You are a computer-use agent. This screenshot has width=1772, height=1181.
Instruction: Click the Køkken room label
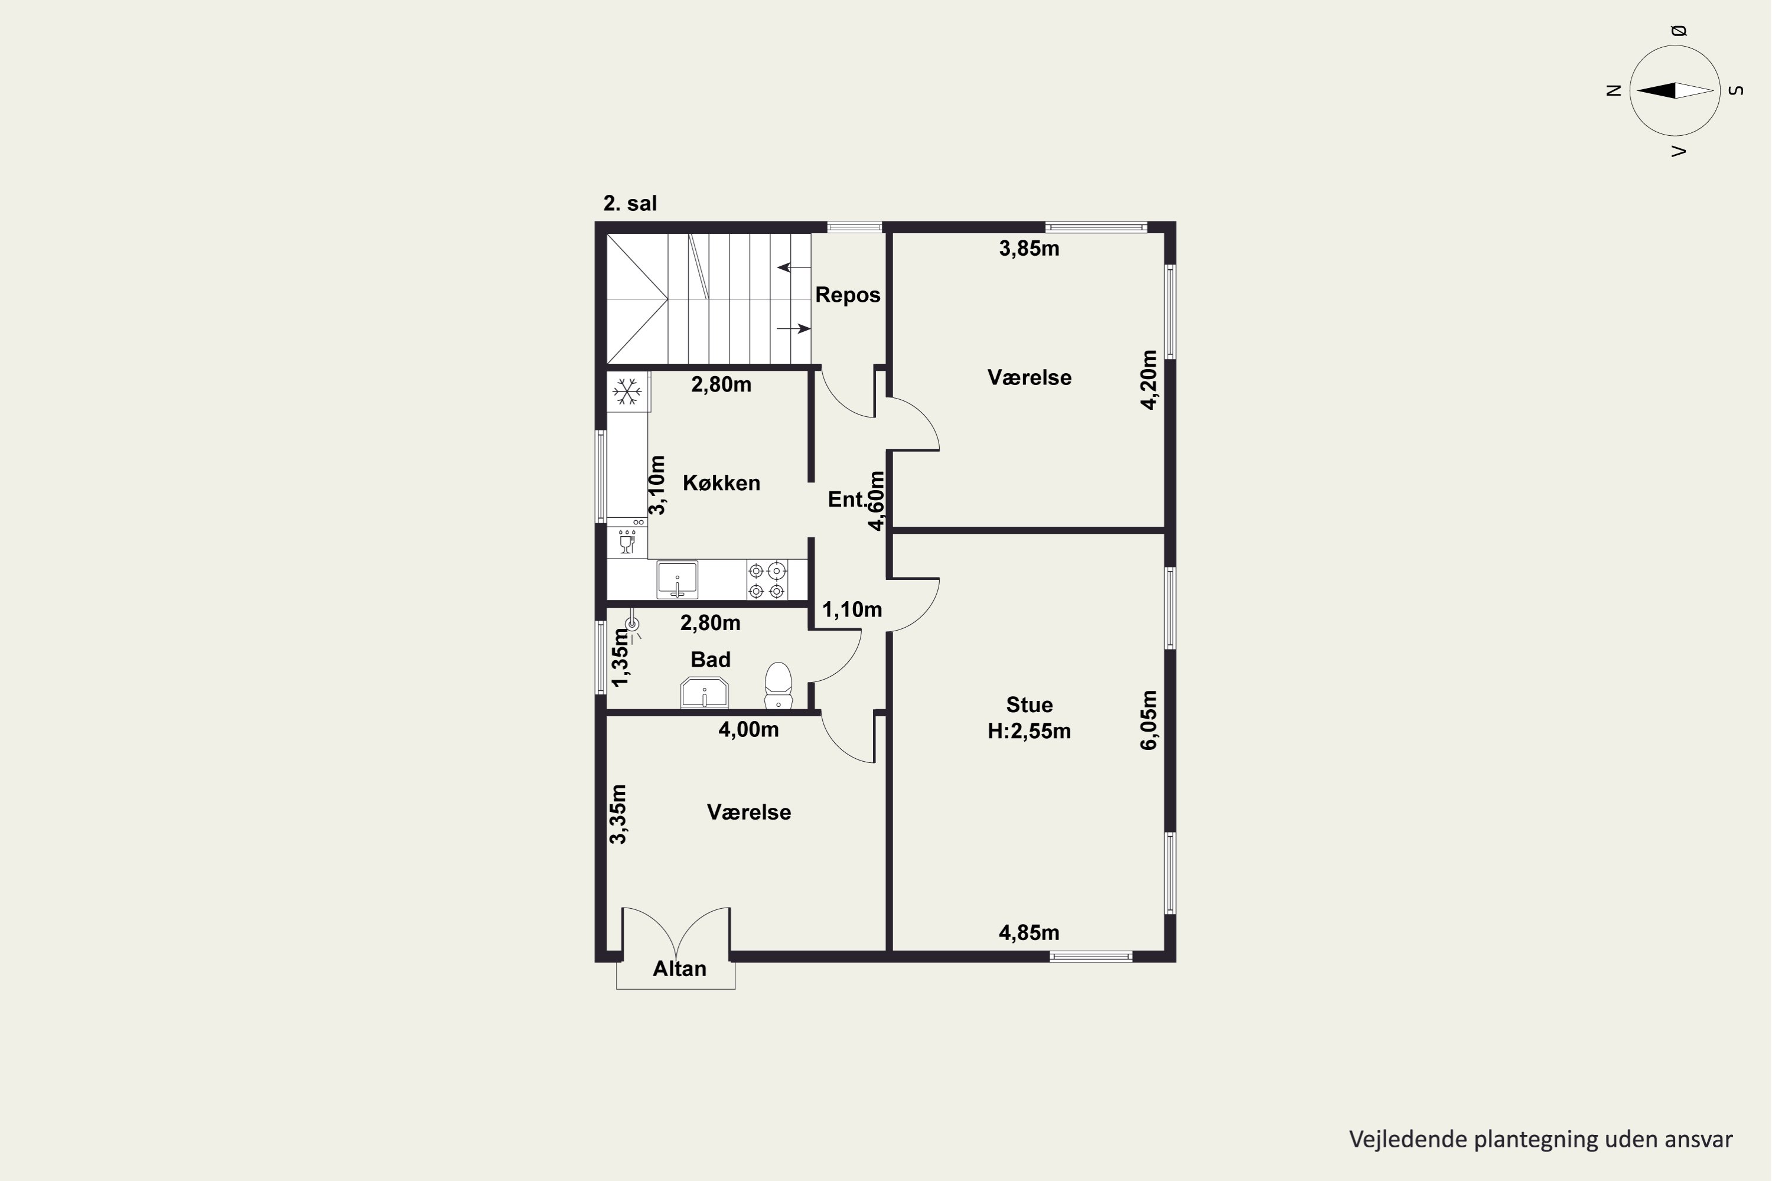pyautogui.click(x=721, y=483)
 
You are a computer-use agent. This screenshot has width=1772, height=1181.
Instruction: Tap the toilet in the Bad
pyautogui.click(x=778, y=686)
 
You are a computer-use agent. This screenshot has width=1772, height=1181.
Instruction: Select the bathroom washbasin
pyautogui.click(x=705, y=692)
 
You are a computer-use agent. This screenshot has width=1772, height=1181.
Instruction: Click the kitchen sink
pyautogui.click(x=677, y=580)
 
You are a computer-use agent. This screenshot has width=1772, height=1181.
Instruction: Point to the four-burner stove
pyautogui.click(x=767, y=580)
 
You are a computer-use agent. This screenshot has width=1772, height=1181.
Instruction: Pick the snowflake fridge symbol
pyautogui.click(x=627, y=391)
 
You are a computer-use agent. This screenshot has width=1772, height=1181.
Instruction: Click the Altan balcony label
pyautogui.click(x=680, y=968)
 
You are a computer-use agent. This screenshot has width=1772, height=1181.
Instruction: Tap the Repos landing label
pyautogui.click(x=848, y=295)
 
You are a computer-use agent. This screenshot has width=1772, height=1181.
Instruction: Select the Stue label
pyautogui.click(x=1029, y=705)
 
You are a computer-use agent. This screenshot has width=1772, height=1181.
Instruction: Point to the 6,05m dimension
pyautogui.click(x=1148, y=720)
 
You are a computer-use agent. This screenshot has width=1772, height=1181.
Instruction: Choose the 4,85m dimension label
pyautogui.click(x=1029, y=933)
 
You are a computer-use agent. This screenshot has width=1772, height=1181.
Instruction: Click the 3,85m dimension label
pyautogui.click(x=1029, y=249)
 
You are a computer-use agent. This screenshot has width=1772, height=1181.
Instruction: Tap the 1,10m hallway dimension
pyautogui.click(x=852, y=610)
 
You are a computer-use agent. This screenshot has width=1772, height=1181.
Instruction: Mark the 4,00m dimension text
pyautogui.click(x=748, y=730)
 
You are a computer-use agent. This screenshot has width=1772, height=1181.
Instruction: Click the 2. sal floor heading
pyautogui.click(x=630, y=203)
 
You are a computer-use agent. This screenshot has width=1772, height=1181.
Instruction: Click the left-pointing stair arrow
pyautogui.click(x=794, y=267)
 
